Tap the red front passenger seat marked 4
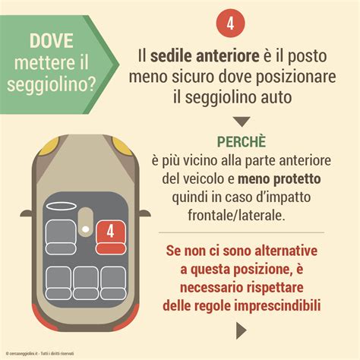(109, 232)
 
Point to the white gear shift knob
(86, 229)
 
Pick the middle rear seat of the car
(85, 282)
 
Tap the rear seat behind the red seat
(112, 282)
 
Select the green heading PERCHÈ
(240, 143)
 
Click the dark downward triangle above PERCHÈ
(240, 121)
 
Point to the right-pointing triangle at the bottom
(241, 330)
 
